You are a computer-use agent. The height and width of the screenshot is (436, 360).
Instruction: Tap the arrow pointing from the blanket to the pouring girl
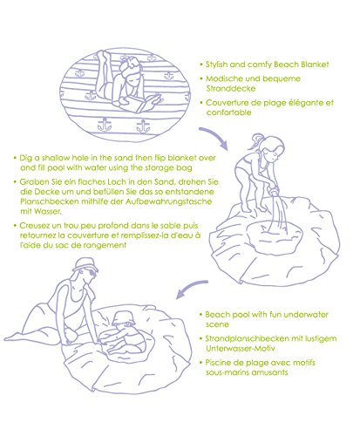tap(216, 137)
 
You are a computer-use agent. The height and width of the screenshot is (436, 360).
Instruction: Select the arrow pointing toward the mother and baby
tap(192, 288)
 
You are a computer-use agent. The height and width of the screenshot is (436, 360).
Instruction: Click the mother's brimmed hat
tap(85, 264)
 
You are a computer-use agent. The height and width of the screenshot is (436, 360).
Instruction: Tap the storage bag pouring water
tap(274, 191)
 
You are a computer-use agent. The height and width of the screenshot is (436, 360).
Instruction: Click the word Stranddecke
tap(231, 88)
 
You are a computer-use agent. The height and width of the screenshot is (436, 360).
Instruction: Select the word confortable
tap(229, 112)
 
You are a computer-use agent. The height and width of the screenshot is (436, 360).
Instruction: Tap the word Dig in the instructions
tap(26, 159)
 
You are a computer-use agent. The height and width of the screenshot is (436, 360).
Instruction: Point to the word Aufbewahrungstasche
tap(169, 201)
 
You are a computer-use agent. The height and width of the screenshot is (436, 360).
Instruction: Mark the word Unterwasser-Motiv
tap(241, 348)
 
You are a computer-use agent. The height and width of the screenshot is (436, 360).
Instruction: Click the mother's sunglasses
tap(92, 273)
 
